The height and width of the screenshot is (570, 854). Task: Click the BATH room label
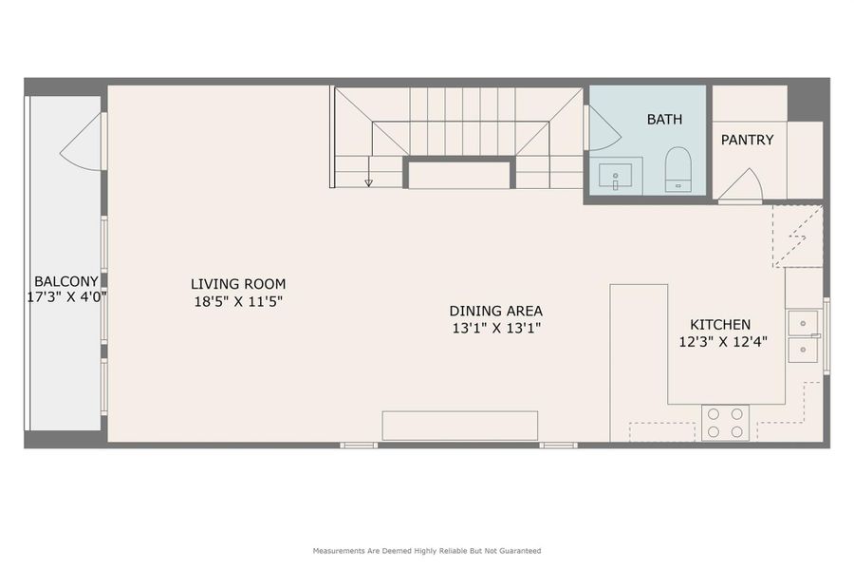[664, 120]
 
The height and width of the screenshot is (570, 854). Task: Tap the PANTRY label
[747, 140]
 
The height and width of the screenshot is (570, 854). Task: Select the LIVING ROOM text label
[238, 284]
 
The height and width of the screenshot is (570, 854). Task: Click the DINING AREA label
[495, 311]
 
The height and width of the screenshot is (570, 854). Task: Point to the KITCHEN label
[719, 325]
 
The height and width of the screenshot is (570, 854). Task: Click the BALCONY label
[65, 281]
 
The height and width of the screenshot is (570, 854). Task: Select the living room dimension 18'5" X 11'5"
[238, 301]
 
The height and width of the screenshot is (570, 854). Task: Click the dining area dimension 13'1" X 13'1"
[495, 328]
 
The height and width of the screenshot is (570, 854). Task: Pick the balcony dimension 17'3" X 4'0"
[65, 296]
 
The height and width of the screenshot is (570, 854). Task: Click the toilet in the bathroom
[678, 169]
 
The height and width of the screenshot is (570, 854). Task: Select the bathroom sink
[616, 175]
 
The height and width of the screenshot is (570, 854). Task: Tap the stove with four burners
[725, 423]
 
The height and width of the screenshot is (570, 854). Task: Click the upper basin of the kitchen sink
[804, 323]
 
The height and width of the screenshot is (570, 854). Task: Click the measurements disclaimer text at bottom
[427, 550]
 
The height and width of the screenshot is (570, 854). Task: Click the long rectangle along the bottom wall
[459, 426]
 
